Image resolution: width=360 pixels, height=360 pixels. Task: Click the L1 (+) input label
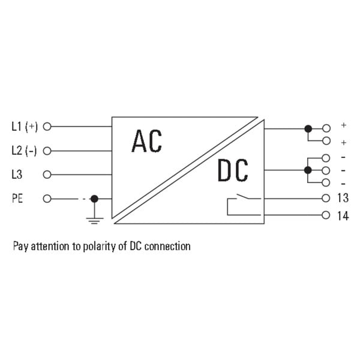(x=25, y=127)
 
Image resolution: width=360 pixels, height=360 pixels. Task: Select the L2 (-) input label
(x=24, y=151)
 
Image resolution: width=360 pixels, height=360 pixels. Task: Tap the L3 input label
(x=17, y=174)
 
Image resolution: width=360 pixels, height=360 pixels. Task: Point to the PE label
(x=17, y=199)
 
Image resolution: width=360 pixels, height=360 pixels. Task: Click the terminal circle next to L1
(x=47, y=127)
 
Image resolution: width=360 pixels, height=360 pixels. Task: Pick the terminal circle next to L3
(x=47, y=175)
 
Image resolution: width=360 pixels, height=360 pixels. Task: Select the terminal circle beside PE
(x=47, y=199)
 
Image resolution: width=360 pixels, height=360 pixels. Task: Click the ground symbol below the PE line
(x=95, y=220)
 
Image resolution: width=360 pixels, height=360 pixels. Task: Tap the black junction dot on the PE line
(x=94, y=199)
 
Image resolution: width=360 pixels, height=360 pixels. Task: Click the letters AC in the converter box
(x=147, y=141)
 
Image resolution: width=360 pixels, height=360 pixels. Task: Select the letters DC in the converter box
(x=233, y=170)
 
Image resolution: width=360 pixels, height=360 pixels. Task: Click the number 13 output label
(x=343, y=198)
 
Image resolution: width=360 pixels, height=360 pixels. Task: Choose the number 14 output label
(x=343, y=216)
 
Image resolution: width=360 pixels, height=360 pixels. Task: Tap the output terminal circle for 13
(x=326, y=198)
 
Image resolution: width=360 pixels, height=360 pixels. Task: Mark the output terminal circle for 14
(x=326, y=215)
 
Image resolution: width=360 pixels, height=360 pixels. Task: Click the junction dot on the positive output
(x=308, y=129)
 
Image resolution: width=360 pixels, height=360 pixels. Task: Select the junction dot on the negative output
(x=308, y=170)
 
